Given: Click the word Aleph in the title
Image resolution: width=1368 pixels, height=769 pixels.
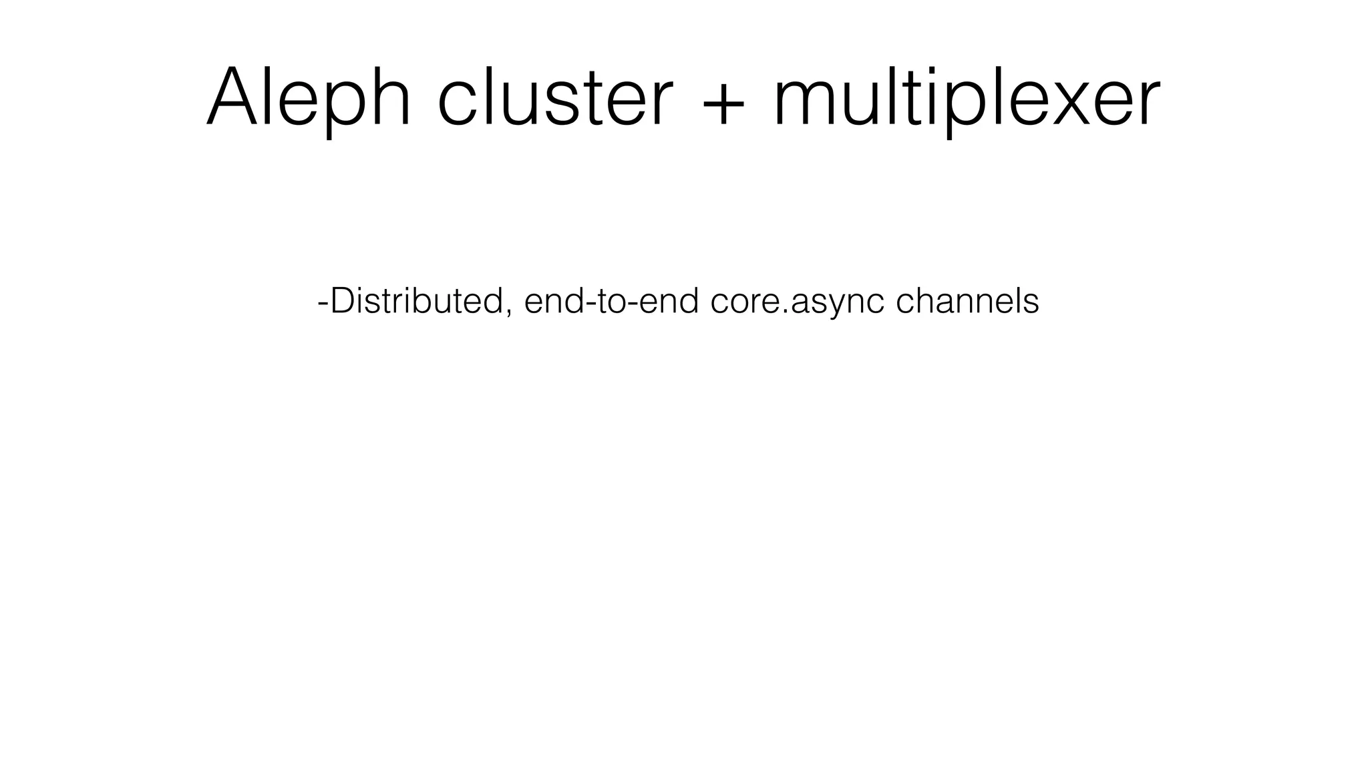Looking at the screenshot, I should (309, 97).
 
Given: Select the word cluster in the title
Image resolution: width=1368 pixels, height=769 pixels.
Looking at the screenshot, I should (554, 97).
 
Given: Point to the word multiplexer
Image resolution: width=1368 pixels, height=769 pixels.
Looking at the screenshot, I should (967, 97).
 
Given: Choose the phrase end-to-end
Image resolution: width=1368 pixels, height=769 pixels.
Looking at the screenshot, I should (611, 301).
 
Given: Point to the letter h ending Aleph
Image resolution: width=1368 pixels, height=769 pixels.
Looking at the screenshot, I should (390, 97).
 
